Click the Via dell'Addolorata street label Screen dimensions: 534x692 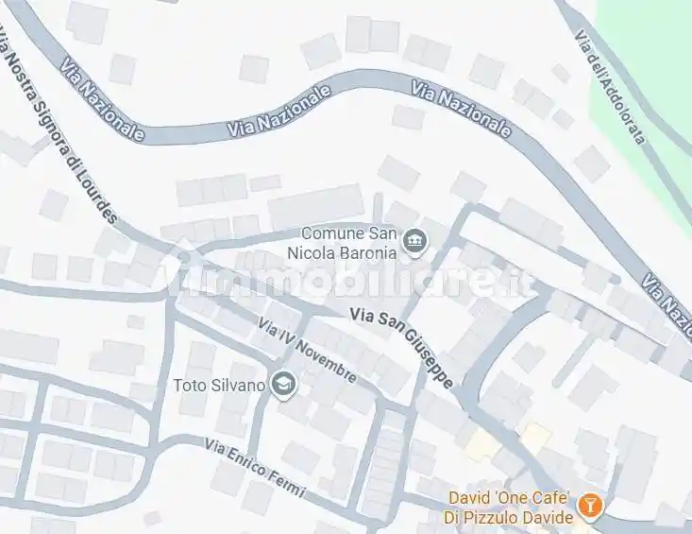click(610, 87)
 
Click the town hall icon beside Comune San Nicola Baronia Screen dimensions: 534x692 click(414, 244)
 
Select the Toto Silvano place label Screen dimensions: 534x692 click(220, 385)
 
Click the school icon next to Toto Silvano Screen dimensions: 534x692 click(281, 385)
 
